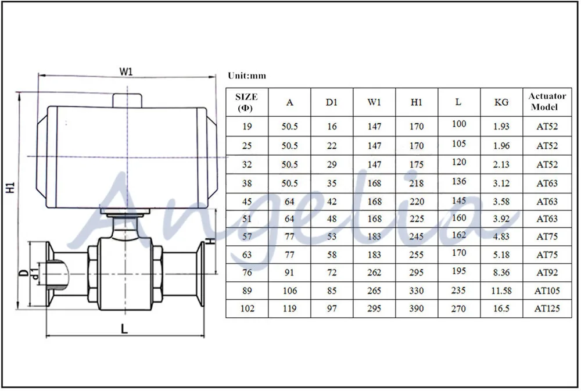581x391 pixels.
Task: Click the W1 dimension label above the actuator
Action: [x=126, y=71]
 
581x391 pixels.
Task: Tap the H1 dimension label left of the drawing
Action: [x=10, y=187]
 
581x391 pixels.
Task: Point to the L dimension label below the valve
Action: [x=124, y=328]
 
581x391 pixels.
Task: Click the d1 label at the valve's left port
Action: [x=35, y=274]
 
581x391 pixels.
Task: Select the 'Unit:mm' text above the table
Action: [x=247, y=76]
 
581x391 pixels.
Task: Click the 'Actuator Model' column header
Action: [x=547, y=102]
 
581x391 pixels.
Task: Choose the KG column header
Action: [x=501, y=102]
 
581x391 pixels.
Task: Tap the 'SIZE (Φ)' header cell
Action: [x=246, y=102]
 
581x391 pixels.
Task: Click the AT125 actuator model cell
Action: [x=547, y=309]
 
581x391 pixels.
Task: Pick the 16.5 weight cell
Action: [x=501, y=309]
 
